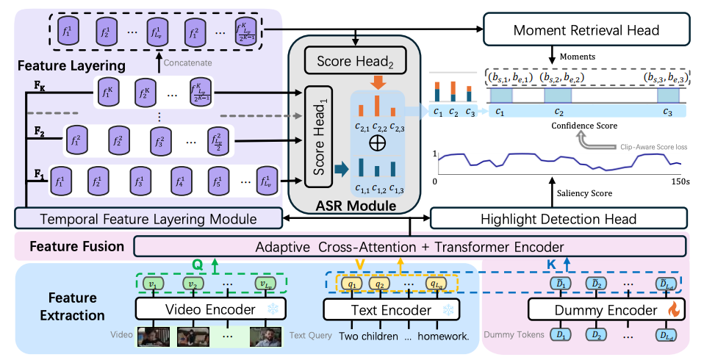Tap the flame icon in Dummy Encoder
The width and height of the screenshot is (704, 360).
coord(672,311)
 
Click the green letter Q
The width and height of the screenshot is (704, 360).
coord(197,262)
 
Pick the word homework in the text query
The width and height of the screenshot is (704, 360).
coord(443,336)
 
